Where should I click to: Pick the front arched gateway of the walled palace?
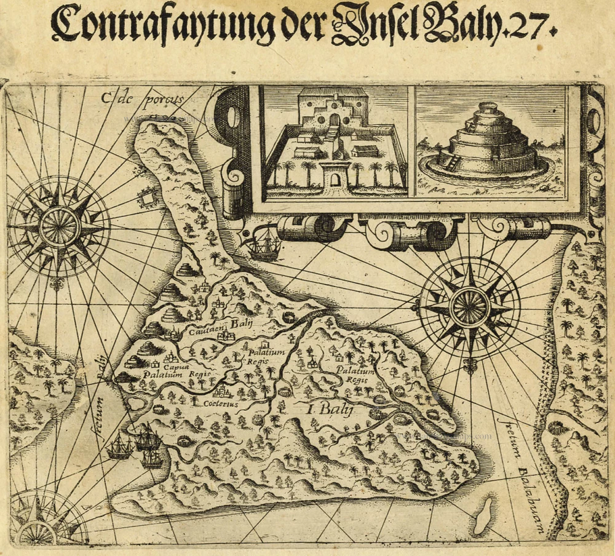click(x=335, y=179)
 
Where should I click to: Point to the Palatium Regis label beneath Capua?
click(x=167, y=374)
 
